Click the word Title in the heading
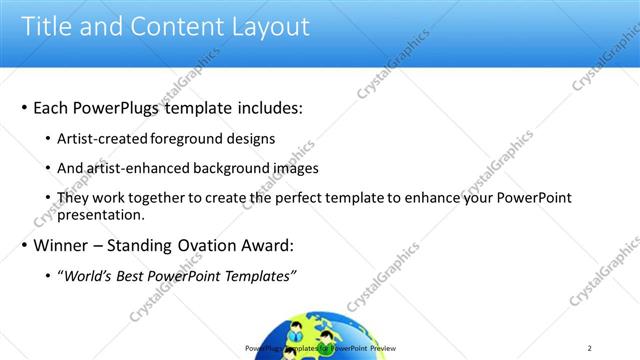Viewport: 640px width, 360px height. [47, 26]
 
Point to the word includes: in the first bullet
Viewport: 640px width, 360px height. [262, 107]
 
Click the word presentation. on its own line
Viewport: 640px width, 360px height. [102, 214]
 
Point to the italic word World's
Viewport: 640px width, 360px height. [87, 275]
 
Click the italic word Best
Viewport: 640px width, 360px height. [130, 275]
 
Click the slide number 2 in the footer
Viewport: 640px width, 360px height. [590, 348]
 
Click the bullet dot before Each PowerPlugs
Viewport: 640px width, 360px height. [24, 108]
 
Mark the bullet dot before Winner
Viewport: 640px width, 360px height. [24, 246]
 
